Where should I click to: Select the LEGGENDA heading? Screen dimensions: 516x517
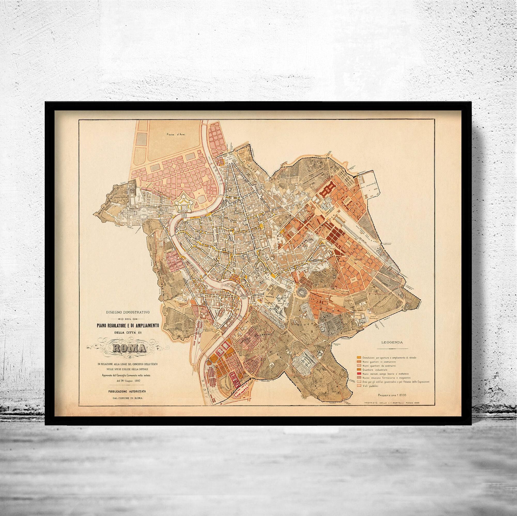pyautogui.click(x=392, y=342)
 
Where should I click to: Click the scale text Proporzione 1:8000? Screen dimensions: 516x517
pyautogui.click(x=392, y=395)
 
